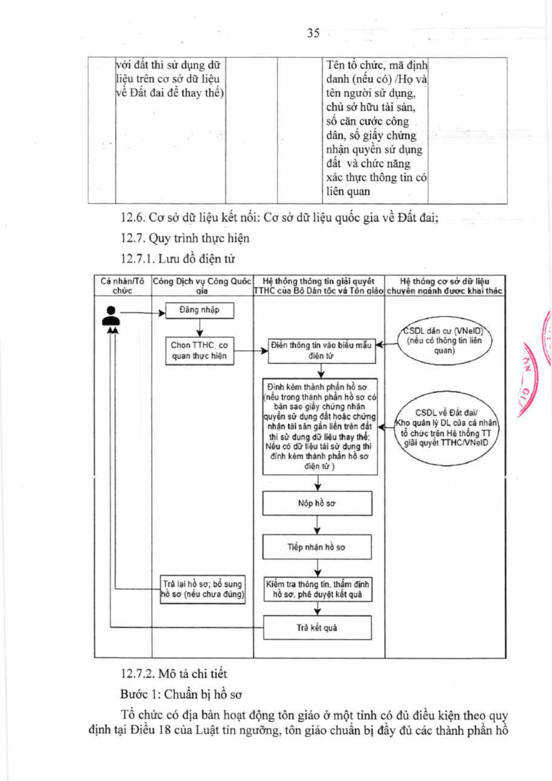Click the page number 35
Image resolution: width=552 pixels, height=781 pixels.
[x=313, y=33]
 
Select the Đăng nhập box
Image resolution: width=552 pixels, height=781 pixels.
[x=199, y=310]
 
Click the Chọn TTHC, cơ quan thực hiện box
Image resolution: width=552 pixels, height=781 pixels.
[x=199, y=351]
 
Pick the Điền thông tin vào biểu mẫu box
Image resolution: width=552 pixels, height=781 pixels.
[x=321, y=351]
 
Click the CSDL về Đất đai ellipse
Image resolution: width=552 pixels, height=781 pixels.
[x=446, y=428]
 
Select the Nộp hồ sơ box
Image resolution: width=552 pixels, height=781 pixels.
[x=317, y=503]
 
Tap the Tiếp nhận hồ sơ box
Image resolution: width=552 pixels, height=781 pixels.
[x=317, y=547]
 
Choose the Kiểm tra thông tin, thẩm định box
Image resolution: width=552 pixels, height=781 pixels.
[x=317, y=589]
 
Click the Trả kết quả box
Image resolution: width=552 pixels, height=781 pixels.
[x=317, y=627]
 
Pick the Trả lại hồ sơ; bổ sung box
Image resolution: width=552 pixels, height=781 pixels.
[x=203, y=589]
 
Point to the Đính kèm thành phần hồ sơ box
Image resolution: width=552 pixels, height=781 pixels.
[x=320, y=427]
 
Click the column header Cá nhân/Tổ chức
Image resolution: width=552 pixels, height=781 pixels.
[x=122, y=286]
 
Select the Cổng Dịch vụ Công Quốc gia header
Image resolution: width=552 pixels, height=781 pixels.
[x=202, y=286]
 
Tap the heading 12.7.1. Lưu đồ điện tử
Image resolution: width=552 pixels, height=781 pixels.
[x=178, y=259]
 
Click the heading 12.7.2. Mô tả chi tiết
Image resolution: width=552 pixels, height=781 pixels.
[x=173, y=673]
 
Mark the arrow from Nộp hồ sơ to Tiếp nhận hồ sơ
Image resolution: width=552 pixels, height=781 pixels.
[x=317, y=525]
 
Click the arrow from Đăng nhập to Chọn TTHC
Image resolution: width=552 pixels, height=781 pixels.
[x=199, y=328]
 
